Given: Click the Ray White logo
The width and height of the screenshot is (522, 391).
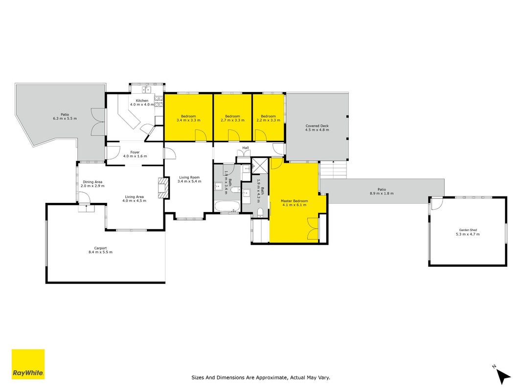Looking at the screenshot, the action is [x=28, y=364].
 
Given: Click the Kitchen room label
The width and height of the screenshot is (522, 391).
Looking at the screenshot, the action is [x=142, y=100].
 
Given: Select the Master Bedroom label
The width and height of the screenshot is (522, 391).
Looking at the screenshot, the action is [x=295, y=201].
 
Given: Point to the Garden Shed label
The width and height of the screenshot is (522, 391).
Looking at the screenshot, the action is [x=468, y=230].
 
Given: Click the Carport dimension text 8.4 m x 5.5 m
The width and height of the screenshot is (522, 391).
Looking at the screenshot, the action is [x=101, y=252].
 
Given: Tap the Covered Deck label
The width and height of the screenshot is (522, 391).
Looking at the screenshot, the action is [x=317, y=126].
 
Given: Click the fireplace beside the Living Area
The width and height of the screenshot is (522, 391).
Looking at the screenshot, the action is [x=163, y=188].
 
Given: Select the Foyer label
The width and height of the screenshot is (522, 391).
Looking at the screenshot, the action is [x=135, y=152].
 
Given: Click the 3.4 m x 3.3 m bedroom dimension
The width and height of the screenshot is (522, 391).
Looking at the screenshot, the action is [x=188, y=120].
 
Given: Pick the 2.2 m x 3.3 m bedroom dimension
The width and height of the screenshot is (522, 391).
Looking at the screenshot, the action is [x=268, y=120].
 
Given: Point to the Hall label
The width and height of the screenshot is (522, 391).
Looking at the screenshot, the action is [x=246, y=148].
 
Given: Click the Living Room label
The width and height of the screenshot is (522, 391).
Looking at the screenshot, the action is [x=189, y=177].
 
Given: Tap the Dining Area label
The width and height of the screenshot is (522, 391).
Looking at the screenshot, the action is [x=92, y=182].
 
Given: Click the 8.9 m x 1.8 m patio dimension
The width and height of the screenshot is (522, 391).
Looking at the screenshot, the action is [x=382, y=193].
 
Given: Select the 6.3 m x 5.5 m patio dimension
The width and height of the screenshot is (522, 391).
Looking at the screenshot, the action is [x=65, y=118].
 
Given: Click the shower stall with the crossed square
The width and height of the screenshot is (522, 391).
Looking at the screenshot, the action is [x=260, y=166].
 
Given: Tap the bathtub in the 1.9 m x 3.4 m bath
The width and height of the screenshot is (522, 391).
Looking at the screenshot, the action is [x=227, y=206].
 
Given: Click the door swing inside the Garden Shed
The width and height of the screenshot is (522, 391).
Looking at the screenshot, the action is [x=437, y=203].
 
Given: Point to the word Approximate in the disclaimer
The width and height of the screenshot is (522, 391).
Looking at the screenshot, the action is [x=272, y=377].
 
